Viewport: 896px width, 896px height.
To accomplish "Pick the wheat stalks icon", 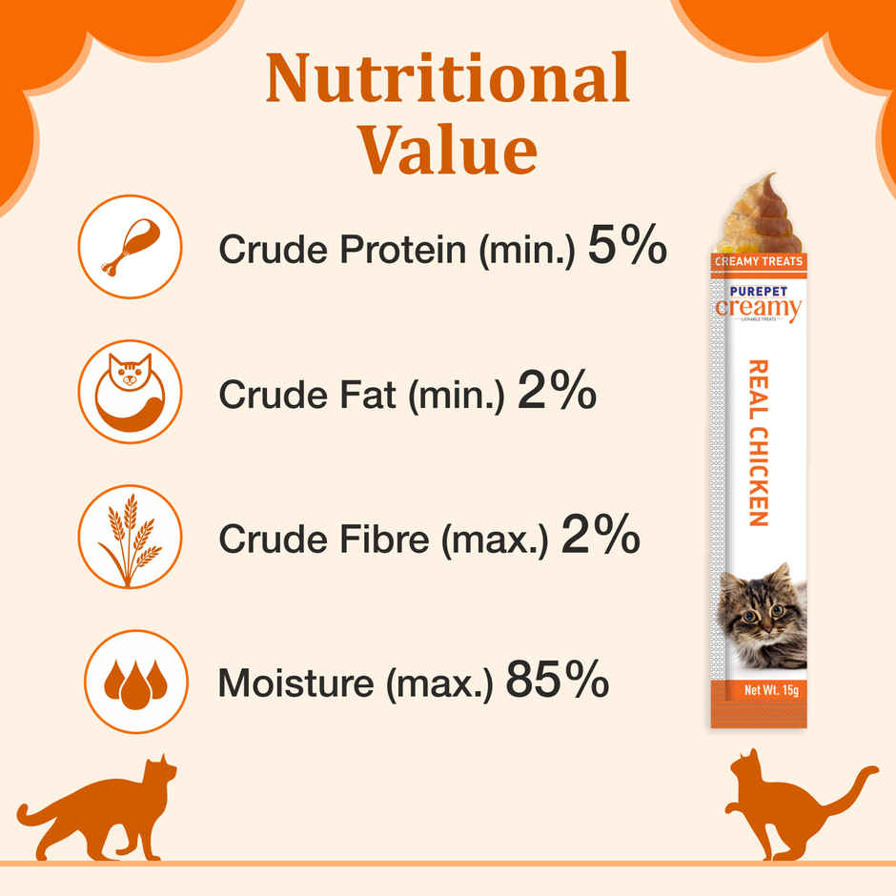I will (130, 538).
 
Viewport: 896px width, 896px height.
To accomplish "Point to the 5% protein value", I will (626, 247).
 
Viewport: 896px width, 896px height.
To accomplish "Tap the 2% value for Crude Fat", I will (557, 392).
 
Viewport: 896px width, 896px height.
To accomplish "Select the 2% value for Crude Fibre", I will (600, 538).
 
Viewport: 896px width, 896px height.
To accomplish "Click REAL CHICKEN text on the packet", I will (759, 442).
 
